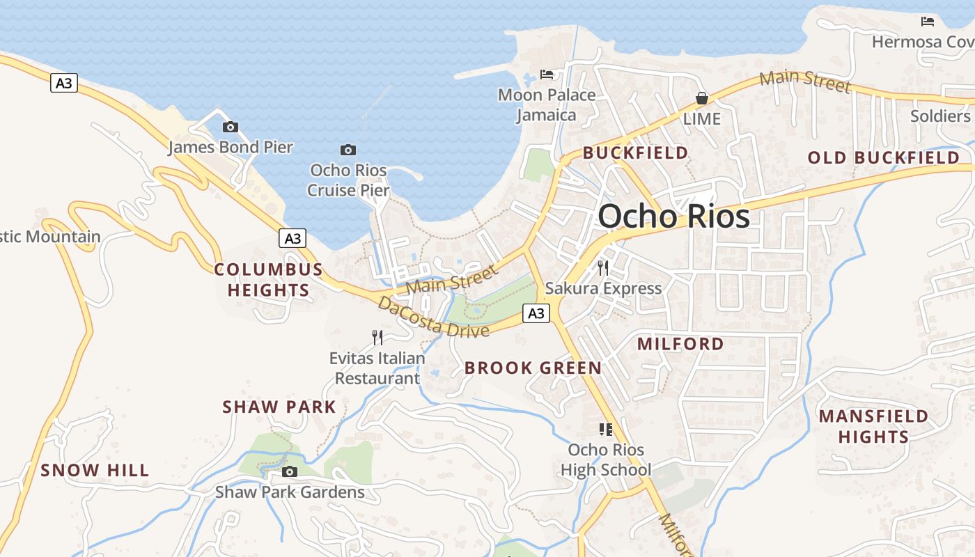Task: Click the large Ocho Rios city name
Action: click(x=673, y=216)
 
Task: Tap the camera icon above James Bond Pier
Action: click(x=230, y=127)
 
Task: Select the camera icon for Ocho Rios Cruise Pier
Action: click(x=348, y=150)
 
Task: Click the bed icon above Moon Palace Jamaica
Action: click(x=547, y=74)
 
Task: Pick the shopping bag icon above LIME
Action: click(x=701, y=98)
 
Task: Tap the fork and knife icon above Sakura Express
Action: click(x=603, y=267)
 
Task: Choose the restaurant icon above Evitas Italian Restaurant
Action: click(x=377, y=338)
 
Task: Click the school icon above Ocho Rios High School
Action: click(x=606, y=430)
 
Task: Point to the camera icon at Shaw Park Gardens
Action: click(x=290, y=471)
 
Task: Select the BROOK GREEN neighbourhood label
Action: click(x=533, y=368)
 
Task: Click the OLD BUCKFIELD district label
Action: click(x=883, y=158)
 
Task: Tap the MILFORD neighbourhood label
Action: click(x=680, y=344)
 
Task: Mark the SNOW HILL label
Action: click(x=95, y=471)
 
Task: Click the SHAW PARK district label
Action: click(x=279, y=407)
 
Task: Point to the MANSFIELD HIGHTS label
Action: click(x=873, y=426)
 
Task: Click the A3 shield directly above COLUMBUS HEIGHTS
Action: click(x=292, y=238)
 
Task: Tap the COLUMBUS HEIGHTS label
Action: click(x=268, y=280)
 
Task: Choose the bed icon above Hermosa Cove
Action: click(x=927, y=22)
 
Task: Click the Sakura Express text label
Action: click(x=603, y=288)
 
